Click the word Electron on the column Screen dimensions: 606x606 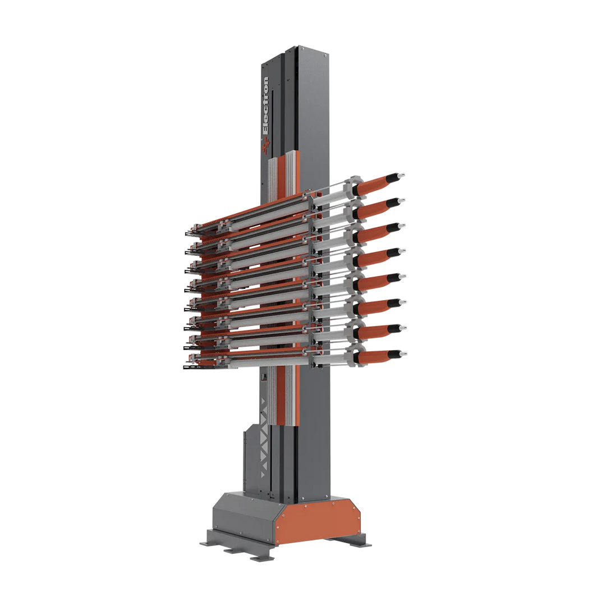click(265, 105)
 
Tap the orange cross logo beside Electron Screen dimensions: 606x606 click(265, 146)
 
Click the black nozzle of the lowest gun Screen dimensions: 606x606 click(394, 353)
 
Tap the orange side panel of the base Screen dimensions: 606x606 click(319, 522)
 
